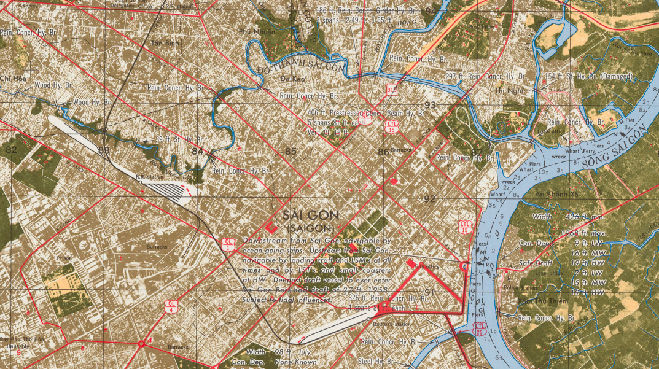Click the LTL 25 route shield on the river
(x=480, y=328)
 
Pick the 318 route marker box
(x=391, y=90)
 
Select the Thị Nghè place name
(x=508, y=90)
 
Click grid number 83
(x=103, y=150)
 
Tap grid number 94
(x=429, y=11)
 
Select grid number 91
(x=429, y=292)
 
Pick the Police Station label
(x=520, y=287)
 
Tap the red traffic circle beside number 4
(x=142, y=343)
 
